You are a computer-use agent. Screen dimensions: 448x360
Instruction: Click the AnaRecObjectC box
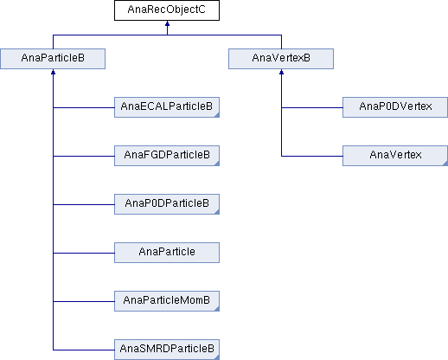click(167, 10)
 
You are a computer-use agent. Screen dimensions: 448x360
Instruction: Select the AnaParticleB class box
click(53, 59)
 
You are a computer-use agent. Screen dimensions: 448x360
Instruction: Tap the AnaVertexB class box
click(281, 59)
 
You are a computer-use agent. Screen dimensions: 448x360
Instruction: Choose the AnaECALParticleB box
click(167, 107)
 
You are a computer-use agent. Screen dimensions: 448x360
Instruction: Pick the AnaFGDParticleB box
click(167, 156)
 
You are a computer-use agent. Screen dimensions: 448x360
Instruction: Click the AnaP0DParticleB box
click(167, 204)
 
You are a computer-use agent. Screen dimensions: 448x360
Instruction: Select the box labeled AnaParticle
click(167, 253)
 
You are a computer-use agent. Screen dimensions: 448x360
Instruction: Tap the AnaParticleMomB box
click(167, 301)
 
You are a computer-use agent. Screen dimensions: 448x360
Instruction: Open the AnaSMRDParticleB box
click(167, 350)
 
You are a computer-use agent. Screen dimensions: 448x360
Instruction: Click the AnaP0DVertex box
click(395, 107)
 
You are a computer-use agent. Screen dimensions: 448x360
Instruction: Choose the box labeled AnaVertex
click(395, 156)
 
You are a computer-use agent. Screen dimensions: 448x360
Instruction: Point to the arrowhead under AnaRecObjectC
click(167, 23)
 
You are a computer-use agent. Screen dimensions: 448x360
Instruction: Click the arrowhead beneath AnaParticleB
click(53, 72)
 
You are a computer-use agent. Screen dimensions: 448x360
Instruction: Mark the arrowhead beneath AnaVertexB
click(281, 72)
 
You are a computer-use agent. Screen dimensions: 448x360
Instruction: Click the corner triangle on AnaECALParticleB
click(217, 115)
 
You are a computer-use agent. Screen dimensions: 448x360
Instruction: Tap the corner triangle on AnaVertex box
click(445, 164)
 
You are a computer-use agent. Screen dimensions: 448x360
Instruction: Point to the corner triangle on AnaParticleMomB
click(217, 309)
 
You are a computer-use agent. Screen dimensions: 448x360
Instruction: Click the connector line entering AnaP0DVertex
click(312, 108)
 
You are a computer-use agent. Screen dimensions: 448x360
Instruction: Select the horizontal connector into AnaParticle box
click(84, 254)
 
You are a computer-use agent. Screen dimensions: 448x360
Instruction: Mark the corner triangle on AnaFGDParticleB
click(217, 164)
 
